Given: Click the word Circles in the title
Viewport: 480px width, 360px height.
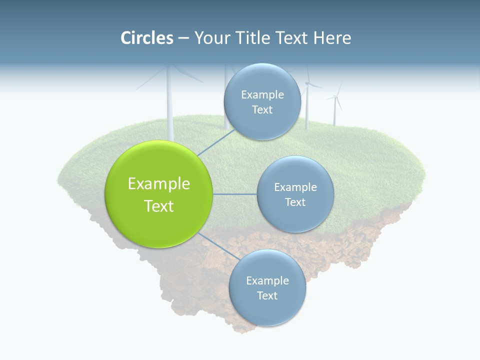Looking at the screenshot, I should click(x=147, y=38).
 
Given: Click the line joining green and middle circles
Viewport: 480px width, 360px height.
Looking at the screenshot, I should click(x=234, y=194).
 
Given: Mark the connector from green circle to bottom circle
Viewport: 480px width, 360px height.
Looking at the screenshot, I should click(x=214, y=247).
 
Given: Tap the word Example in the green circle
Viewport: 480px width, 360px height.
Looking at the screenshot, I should click(x=159, y=184).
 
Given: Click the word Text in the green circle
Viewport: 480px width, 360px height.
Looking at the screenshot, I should click(x=159, y=206).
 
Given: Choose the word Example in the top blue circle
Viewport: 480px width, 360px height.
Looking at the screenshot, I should click(x=262, y=95).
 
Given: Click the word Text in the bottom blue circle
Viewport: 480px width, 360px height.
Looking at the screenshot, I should click(x=267, y=295).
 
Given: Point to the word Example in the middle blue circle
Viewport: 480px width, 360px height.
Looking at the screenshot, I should click(x=295, y=187).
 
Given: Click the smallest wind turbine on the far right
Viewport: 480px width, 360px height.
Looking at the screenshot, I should click(x=335, y=107).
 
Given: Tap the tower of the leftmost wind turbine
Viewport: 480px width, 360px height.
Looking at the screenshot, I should click(x=169, y=110).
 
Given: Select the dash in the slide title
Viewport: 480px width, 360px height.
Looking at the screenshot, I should click(x=183, y=38).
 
